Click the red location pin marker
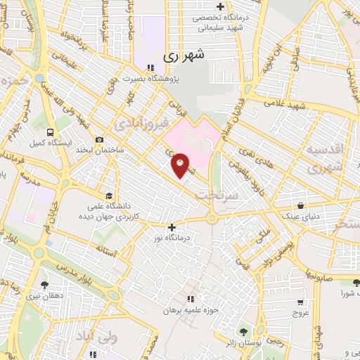pos(181,165)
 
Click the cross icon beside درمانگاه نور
pos(172,227)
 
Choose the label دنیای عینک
pos(301,217)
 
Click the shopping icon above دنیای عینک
pos(301,206)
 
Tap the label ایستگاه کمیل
pos(48,143)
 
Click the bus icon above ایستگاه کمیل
pos(49,131)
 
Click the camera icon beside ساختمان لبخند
pos(99,139)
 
